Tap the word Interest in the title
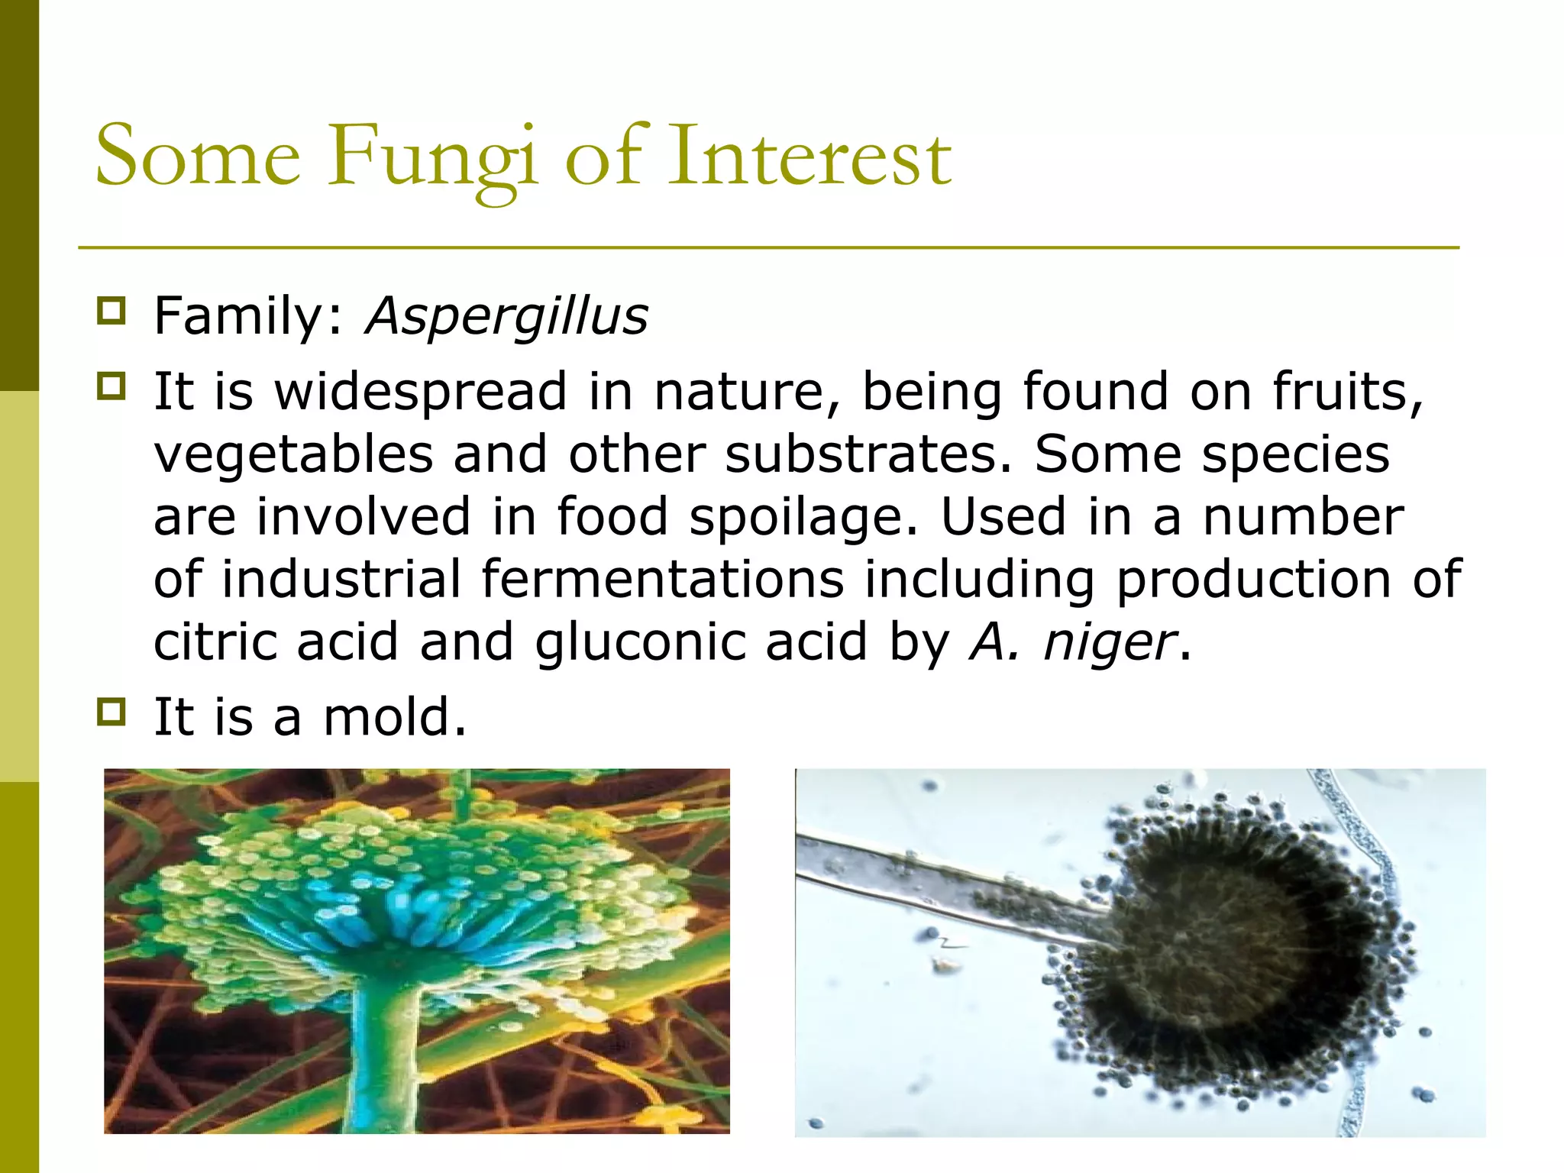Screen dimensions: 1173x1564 click(x=809, y=158)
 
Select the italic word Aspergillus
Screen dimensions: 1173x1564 click(x=506, y=316)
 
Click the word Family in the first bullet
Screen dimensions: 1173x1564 click(x=240, y=316)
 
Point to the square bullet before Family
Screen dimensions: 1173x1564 click(x=111, y=311)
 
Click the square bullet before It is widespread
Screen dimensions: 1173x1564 click(x=111, y=386)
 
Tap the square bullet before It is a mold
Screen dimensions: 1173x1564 click(x=111, y=712)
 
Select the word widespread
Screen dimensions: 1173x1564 click(x=421, y=392)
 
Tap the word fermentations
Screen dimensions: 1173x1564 click(x=663, y=579)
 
